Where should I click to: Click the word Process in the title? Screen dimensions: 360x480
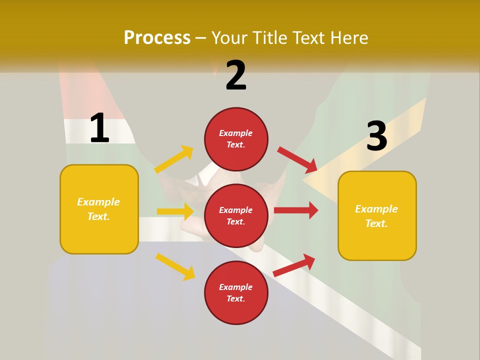157,38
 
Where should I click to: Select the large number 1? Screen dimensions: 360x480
99,128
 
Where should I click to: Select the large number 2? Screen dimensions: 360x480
236,75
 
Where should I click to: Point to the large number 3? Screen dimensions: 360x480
376,136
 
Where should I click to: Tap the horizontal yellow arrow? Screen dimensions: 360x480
175,211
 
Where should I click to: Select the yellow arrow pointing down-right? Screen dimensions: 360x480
175,266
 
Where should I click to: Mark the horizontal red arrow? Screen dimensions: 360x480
296,210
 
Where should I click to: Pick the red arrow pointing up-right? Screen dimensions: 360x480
294,265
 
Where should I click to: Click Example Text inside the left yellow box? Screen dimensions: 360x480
98,209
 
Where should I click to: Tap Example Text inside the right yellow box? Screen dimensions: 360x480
376,216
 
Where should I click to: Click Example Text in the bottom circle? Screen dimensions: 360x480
236,292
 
